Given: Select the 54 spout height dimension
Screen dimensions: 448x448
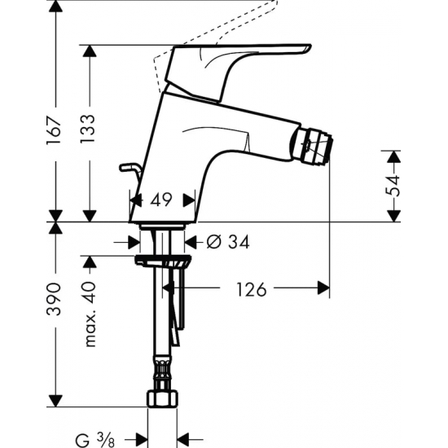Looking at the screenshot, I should pyautogui.click(x=394, y=186).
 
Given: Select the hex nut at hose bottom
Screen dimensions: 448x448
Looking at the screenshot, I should pyautogui.click(x=163, y=398).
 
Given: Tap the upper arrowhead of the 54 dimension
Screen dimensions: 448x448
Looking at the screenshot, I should pyautogui.click(x=394, y=157).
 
